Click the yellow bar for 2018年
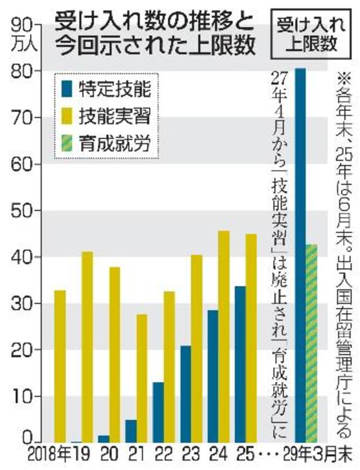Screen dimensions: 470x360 [x=60, y=366]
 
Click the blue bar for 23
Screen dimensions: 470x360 [x=186, y=393]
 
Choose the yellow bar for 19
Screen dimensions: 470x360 [x=87, y=346]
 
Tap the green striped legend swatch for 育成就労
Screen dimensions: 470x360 [x=69, y=144]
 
